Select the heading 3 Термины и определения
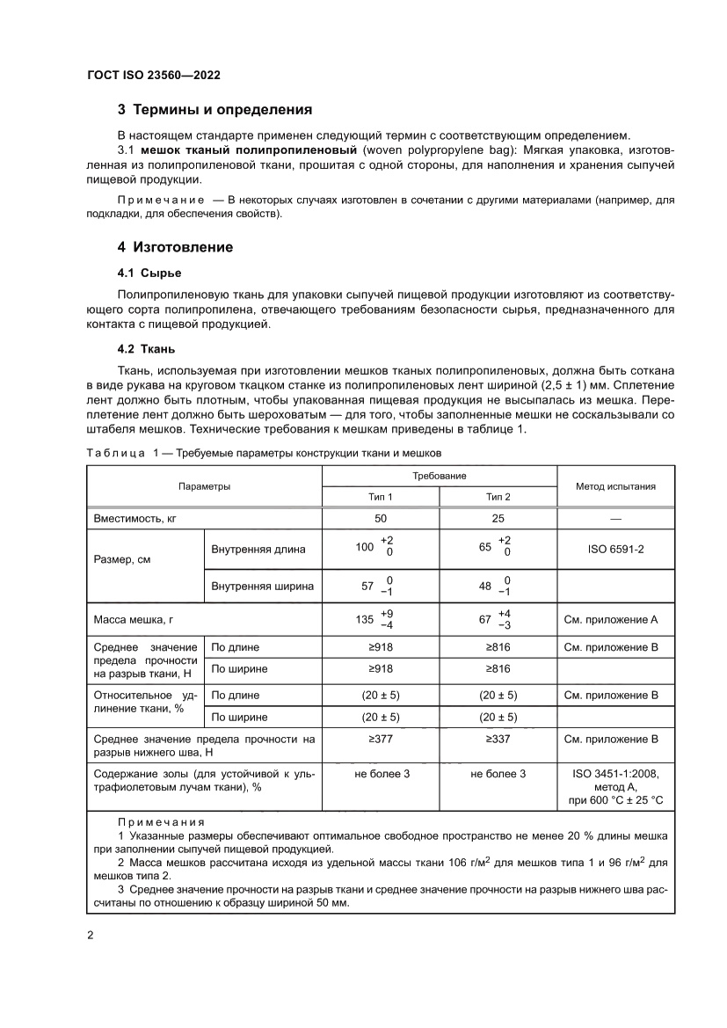(215, 111)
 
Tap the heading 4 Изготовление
(176, 247)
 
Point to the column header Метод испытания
(615, 486)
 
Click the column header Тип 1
(380, 497)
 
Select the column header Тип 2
(498, 497)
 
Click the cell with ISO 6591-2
(615, 550)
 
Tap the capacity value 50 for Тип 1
(380, 520)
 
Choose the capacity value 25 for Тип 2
(498, 520)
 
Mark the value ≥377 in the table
(380, 740)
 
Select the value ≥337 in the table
(498, 740)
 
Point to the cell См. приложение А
(615, 619)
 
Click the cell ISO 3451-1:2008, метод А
(615, 780)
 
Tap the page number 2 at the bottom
(91, 935)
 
